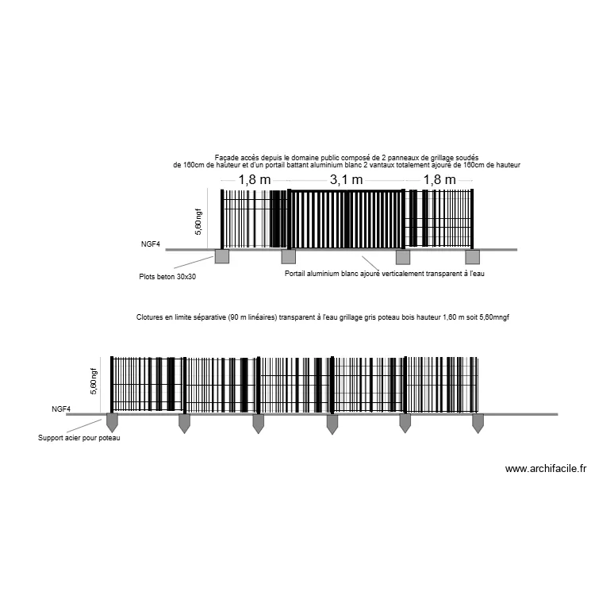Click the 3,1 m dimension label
pyautogui.click(x=346, y=180)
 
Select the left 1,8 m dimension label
pyautogui.click(x=254, y=180)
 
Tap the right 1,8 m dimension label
pyautogui.click(x=439, y=180)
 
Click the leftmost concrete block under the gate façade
pyautogui.click(x=221, y=257)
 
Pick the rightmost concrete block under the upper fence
pyautogui.click(x=473, y=257)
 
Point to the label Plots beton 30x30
pyautogui.click(x=167, y=277)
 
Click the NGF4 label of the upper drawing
pyautogui.click(x=151, y=244)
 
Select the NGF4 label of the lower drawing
pyautogui.click(x=61, y=409)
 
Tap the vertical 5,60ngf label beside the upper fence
pyautogui.click(x=198, y=221)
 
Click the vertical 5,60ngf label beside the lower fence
pyautogui.click(x=94, y=382)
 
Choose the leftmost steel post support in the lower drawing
pyautogui.click(x=111, y=423)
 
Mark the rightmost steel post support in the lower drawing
pyautogui.click(x=478, y=423)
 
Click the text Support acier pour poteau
pyautogui.click(x=79, y=438)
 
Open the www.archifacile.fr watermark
pyautogui.click(x=546, y=469)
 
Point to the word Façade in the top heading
pyautogui.click(x=226, y=158)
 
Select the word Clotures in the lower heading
pyautogui.click(x=152, y=317)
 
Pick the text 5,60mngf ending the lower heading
pyautogui.click(x=494, y=317)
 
